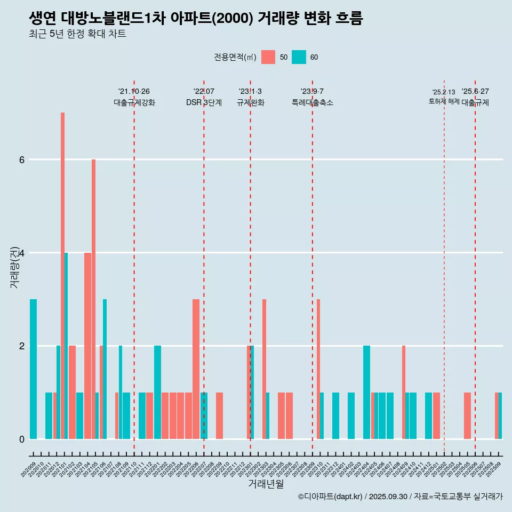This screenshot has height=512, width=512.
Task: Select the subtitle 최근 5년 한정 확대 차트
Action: tap(78, 35)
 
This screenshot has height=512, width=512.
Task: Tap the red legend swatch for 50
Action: tap(268, 57)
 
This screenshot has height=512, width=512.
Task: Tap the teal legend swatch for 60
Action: tap(299, 57)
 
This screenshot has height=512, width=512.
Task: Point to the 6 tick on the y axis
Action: tap(21, 159)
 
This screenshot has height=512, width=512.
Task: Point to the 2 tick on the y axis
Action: tap(21, 346)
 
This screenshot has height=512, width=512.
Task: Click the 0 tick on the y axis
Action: tap(21, 439)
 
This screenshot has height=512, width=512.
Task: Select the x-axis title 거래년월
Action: tap(266, 484)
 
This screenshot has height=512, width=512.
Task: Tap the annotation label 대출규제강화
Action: tap(134, 102)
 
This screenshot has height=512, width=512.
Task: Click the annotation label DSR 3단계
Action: tap(204, 102)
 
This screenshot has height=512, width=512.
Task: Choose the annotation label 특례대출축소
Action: tap(313, 102)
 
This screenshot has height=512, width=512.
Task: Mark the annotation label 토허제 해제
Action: tap(444, 101)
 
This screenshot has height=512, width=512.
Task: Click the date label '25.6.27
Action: tap(475, 91)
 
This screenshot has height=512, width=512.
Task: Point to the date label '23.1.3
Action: tap(250, 91)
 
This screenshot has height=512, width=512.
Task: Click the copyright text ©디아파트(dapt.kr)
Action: tap(330, 497)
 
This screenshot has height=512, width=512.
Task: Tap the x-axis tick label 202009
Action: tap(29, 469)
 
